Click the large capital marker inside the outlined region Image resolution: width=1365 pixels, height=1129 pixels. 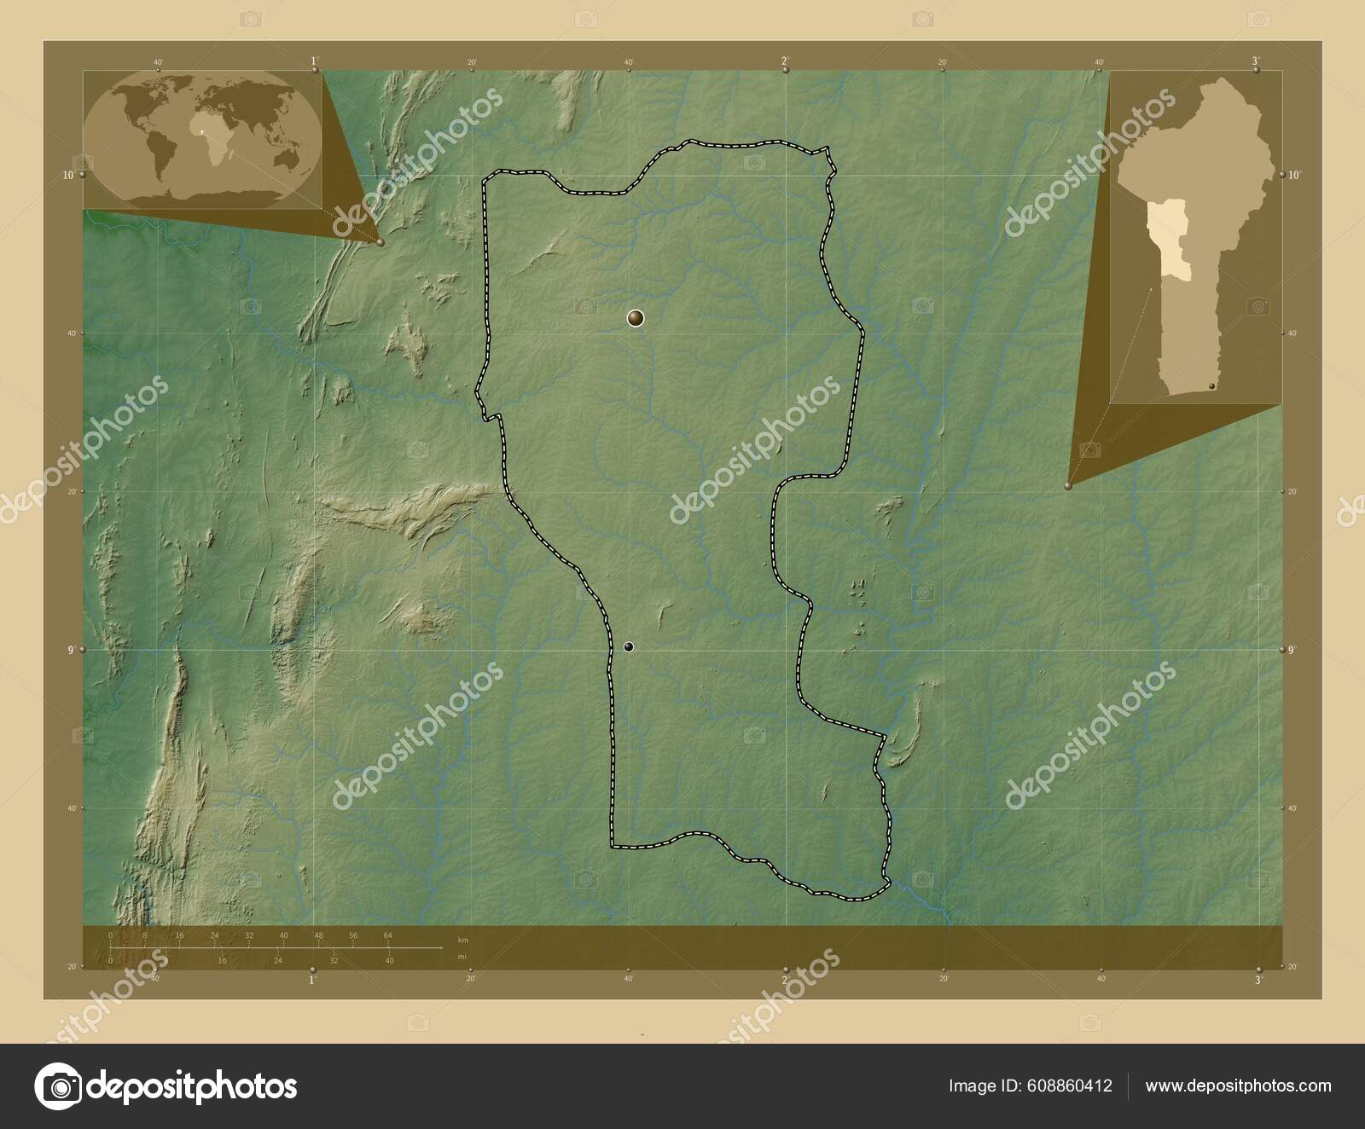click(x=635, y=318)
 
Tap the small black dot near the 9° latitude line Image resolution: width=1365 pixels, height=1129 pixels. click(x=629, y=647)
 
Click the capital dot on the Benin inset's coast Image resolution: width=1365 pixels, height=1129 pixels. click(x=1211, y=386)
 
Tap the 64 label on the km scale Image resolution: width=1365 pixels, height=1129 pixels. click(x=388, y=935)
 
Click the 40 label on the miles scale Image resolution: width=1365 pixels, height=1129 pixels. click(x=389, y=960)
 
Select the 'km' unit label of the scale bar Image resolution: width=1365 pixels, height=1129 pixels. click(x=462, y=940)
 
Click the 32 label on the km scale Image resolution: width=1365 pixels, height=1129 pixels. click(x=249, y=935)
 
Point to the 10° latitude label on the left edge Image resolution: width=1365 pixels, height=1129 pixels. click(x=68, y=175)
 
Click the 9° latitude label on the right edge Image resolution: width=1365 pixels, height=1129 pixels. click(x=1292, y=650)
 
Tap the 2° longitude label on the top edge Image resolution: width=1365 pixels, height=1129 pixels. click(x=784, y=61)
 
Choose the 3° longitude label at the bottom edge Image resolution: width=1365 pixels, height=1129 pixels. click(x=1255, y=980)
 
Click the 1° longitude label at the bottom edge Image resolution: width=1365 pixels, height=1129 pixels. click(x=312, y=980)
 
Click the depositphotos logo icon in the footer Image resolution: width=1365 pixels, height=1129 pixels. click(x=56, y=1086)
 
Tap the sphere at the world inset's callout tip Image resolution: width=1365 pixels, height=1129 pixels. click(x=380, y=242)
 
